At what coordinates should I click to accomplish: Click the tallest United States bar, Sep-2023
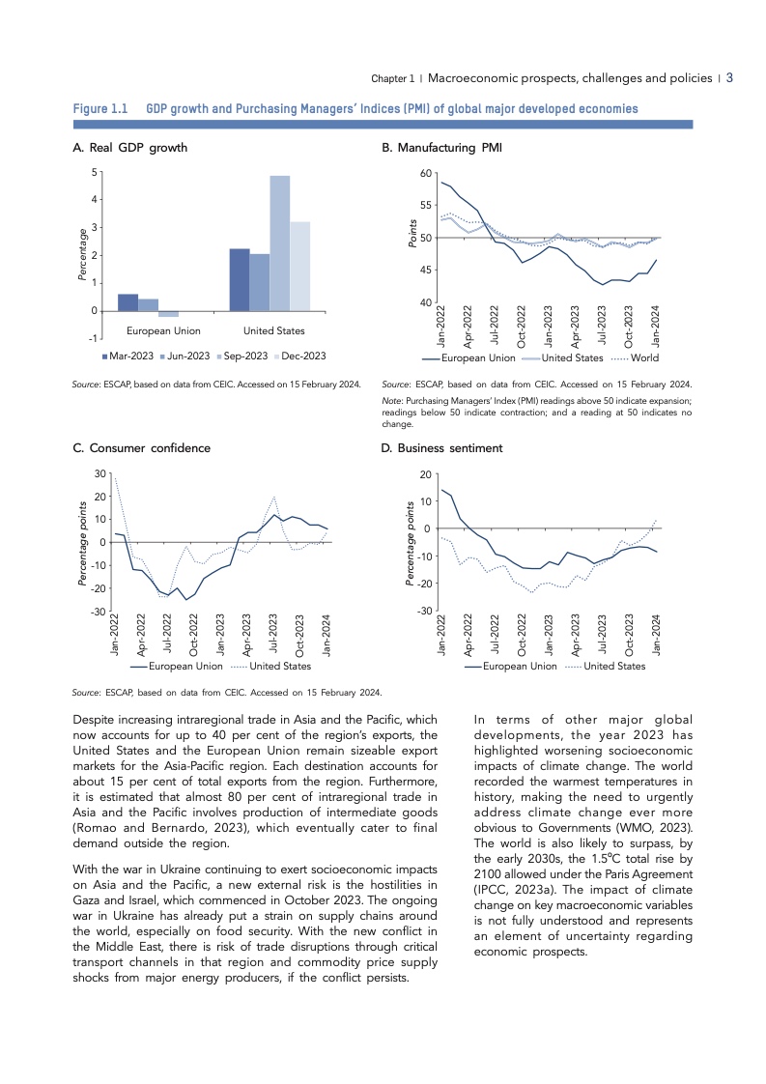[279, 242]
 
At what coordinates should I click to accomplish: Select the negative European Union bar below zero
[168, 314]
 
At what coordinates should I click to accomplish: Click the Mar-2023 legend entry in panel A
[124, 357]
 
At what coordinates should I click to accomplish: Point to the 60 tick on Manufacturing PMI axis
[426, 173]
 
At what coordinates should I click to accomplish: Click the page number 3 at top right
[731, 77]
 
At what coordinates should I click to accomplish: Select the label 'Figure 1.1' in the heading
[101, 109]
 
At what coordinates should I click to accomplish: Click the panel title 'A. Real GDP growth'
[130, 148]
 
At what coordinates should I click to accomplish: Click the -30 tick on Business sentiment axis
[424, 612]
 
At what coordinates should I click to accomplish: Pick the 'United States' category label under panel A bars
[273, 331]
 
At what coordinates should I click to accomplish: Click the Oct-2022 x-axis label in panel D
[523, 635]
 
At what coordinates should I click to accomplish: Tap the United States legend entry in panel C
[280, 666]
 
